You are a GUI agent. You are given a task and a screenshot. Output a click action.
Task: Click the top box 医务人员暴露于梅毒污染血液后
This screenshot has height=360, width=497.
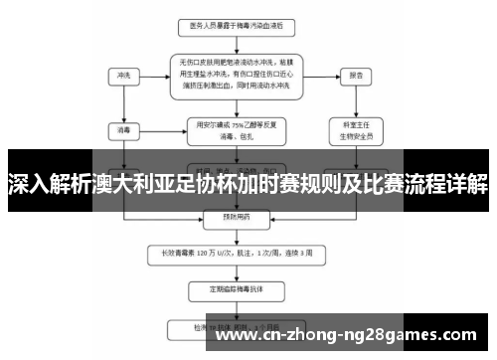tap(236, 25)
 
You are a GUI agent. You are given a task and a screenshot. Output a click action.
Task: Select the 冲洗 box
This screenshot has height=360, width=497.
tap(123, 75)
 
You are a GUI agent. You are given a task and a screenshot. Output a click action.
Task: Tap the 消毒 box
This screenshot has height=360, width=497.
tap(123, 129)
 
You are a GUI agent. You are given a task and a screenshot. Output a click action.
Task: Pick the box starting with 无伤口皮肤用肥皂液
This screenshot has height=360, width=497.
tap(236, 75)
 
